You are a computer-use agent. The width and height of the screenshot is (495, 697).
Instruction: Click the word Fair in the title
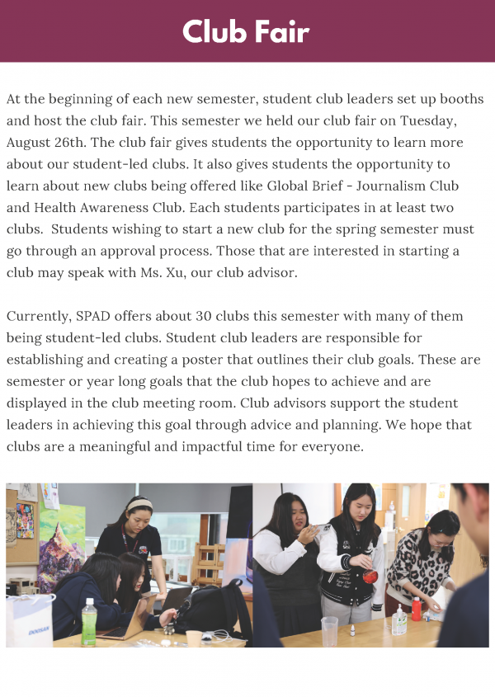[282, 31]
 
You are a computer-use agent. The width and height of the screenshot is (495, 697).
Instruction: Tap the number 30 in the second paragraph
[205, 316]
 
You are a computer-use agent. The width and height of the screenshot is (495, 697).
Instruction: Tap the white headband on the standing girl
[139, 505]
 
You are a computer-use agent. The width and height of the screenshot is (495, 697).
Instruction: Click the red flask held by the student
[370, 576]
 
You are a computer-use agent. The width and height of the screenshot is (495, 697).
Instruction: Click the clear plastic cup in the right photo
[330, 631]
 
